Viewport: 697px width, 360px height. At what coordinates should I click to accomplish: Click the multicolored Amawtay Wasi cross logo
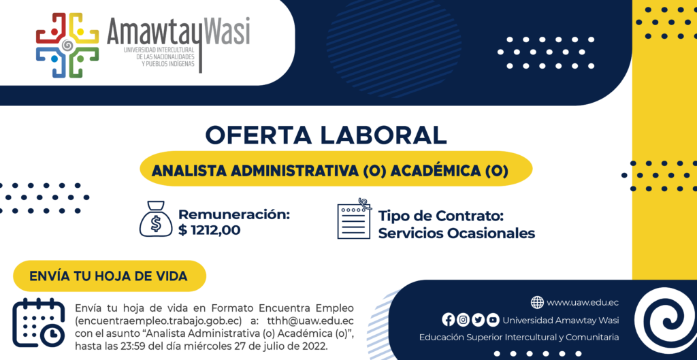pos(67,46)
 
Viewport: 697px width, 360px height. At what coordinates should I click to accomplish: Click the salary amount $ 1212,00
pos(210,230)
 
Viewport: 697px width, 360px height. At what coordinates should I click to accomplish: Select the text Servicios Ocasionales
pos(457,233)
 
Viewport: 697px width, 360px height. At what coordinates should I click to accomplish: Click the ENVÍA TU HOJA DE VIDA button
pos(109,276)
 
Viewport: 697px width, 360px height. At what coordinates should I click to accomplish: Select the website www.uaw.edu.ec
pos(583,303)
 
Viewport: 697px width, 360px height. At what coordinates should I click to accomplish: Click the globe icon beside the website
pos(537,303)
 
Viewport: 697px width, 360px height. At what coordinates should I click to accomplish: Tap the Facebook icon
pos(449,320)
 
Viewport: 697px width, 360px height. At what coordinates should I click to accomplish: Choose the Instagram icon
pos(463,320)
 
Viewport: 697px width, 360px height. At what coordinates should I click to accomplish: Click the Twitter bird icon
pos(478,320)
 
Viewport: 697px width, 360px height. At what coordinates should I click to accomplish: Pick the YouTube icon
pos(493,320)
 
